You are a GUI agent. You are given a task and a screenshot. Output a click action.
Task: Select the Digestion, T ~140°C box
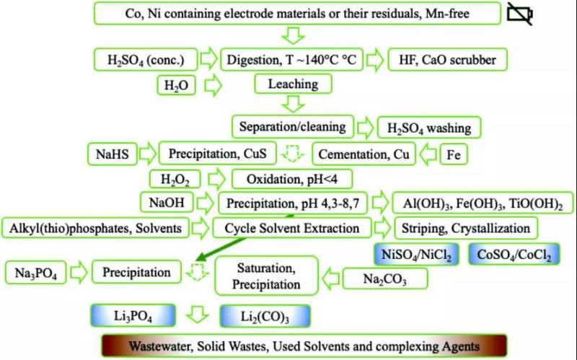coord(291,59)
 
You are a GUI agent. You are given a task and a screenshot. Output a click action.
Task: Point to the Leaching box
coord(293,84)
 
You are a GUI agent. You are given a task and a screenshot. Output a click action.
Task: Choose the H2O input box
coord(177,84)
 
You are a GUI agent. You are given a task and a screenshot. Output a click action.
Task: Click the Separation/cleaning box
coord(292,127)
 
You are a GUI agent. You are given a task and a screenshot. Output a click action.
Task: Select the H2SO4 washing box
coord(429,128)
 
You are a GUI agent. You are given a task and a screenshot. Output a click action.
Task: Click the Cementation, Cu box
coord(363,154)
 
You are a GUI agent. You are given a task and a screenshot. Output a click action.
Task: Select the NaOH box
coord(166,203)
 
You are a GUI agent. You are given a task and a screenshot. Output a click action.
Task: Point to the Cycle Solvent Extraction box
coord(291,228)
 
